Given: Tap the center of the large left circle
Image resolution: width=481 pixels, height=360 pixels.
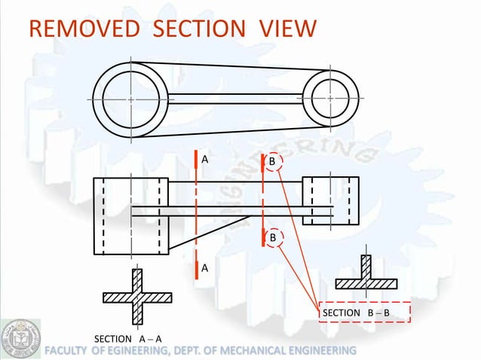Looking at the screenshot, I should [130, 99].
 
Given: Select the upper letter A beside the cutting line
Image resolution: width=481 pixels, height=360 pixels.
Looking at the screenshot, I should [204, 160].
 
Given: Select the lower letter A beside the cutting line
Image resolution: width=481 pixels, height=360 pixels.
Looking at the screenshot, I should [204, 268].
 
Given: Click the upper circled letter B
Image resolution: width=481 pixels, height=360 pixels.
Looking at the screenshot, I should [272, 162].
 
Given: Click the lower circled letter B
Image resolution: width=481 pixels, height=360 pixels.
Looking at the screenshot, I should [272, 238].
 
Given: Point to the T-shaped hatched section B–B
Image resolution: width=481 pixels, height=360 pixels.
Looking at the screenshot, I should [366, 279].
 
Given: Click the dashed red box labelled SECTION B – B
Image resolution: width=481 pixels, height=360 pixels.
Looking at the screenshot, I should [365, 313].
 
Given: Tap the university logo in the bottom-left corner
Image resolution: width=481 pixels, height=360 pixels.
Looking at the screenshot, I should [20, 339].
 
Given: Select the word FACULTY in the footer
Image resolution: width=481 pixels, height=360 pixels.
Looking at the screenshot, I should [68, 351].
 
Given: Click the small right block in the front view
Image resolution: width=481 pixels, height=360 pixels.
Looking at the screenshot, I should [331, 201].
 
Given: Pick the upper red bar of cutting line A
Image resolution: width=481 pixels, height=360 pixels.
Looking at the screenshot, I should [195, 160].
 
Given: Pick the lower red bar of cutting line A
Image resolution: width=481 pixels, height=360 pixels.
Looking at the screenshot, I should [195, 269].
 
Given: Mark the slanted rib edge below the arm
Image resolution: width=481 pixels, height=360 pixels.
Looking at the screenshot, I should [211, 233].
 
